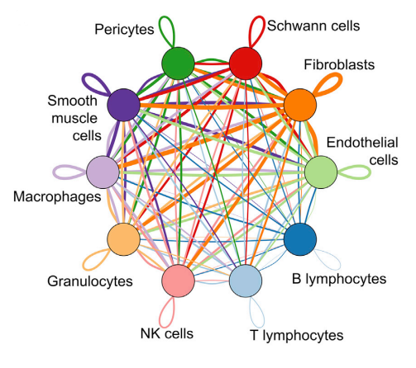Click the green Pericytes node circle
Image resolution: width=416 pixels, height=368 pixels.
(178, 64)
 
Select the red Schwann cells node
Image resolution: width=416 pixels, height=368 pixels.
(246, 64)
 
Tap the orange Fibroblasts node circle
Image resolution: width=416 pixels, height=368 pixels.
(300, 105)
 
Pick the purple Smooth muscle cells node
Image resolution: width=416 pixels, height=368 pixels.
(123, 105)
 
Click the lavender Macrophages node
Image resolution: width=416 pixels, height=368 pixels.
(103, 172)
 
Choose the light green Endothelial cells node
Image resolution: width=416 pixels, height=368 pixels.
(321, 172)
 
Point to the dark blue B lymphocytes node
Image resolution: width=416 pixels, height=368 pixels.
(300, 239)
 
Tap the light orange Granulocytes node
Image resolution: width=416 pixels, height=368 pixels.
(123, 239)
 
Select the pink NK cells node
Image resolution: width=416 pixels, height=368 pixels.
(178, 281)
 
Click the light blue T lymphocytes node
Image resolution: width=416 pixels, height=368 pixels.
(246, 281)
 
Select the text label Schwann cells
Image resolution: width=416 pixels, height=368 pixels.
(313, 26)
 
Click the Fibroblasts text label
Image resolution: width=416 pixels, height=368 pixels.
(339, 65)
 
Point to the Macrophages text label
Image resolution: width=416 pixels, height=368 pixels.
(57, 197)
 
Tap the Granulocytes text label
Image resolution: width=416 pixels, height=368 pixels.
(90, 281)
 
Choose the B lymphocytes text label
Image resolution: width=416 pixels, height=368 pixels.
(339, 279)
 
